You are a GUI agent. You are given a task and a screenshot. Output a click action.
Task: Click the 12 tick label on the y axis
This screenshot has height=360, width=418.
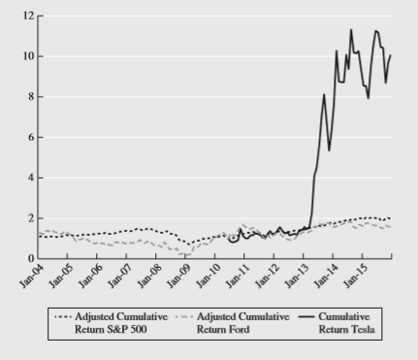coord(28,16)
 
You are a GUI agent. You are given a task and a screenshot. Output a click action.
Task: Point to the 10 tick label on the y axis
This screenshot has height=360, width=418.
coord(28,56)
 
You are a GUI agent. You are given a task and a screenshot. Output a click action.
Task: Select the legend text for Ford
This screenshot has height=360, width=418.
coord(236,322)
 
